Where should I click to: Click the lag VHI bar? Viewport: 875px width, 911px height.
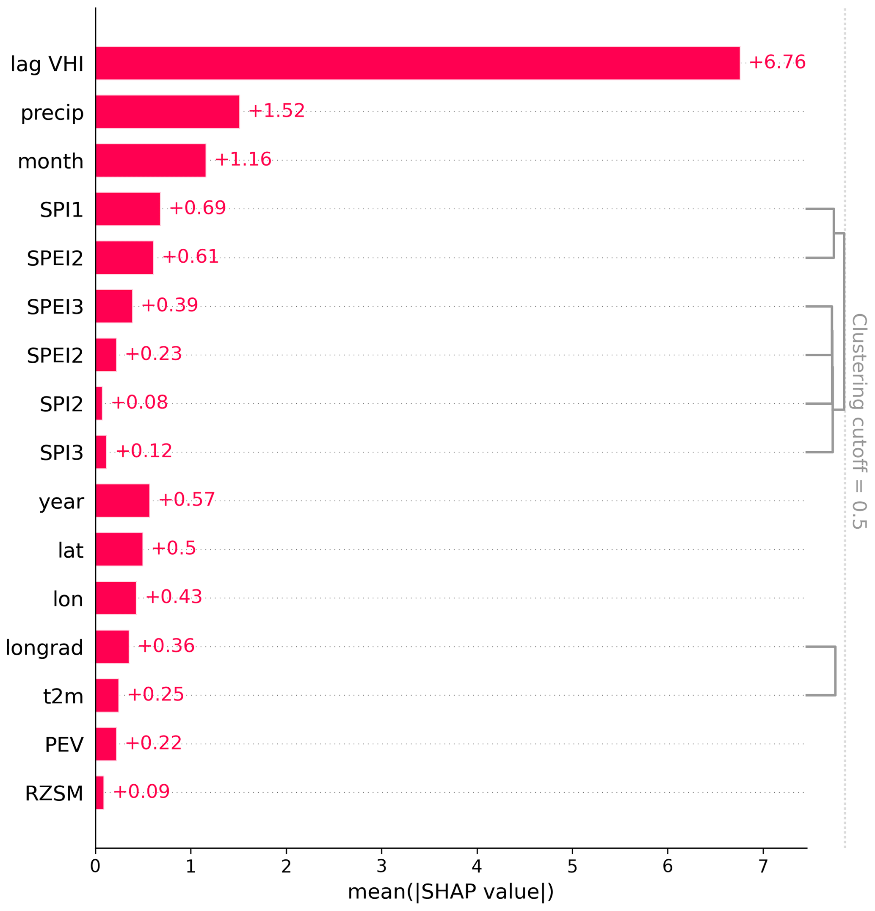pos(417,63)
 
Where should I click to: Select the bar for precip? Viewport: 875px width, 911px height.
pos(167,111)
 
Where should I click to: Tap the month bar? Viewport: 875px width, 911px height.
pos(150,160)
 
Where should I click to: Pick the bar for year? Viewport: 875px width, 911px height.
pos(123,500)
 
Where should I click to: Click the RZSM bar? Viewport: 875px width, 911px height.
pos(99,792)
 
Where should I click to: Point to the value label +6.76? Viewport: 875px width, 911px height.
pos(777,62)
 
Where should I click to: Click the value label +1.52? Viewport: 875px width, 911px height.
pos(276,111)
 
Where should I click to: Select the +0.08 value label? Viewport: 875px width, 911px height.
pos(139,403)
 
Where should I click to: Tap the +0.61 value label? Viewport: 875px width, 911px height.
pos(190,257)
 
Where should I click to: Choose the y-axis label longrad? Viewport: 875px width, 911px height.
pos(44,647)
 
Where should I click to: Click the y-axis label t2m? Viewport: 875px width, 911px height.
pos(63,696)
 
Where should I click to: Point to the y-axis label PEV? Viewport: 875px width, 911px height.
pos(64,744)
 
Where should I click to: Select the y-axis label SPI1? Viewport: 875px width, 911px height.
pos(61,210)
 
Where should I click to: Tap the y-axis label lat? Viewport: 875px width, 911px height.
pos(71,550)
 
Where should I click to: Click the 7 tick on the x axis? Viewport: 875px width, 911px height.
pos(763,867)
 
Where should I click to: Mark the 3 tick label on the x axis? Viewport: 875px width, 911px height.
pos(381,867)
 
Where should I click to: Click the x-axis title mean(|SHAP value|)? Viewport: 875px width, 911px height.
pos(450,892)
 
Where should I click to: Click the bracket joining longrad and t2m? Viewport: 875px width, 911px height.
pos(835,671)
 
